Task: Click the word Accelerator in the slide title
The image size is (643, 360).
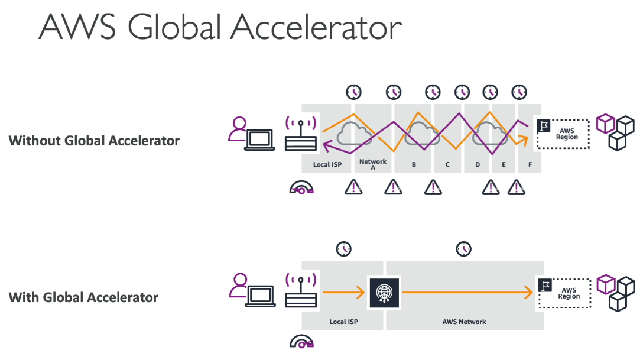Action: (x=316, y=27)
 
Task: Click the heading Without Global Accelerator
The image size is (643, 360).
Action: (x=94, y=141)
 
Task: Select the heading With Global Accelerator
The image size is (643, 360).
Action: (x=83, y=297)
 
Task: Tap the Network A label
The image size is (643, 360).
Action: (x=373, y=164)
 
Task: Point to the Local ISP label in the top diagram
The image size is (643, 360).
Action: (x=327, y=164)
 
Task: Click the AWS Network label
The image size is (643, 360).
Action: (x=464, y=322)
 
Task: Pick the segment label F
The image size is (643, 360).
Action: (x=530, y=164)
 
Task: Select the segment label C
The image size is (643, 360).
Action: (x=447, y=164)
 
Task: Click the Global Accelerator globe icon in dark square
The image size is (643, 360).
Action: (x=384, y=293)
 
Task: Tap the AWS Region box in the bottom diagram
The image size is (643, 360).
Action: (x=564, y=293)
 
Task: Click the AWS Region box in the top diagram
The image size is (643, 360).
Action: (x=563, y=134)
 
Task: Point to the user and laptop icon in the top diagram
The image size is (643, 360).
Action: (x=251, y=134)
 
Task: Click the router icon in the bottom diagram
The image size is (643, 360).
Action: (x=301, y=290)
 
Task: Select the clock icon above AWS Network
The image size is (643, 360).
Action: (x=464, y=249)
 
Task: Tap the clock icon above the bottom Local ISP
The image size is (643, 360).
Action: (x=343, y=249)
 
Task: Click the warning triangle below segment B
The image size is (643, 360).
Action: (x=433, y=187)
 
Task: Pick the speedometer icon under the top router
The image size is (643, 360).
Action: (x=301, y=188)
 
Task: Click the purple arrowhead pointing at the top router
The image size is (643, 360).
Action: (x=327, y=145)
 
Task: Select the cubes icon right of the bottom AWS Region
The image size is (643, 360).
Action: (x=616, y=293)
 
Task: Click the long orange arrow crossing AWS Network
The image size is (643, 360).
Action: (x=467, y=293)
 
